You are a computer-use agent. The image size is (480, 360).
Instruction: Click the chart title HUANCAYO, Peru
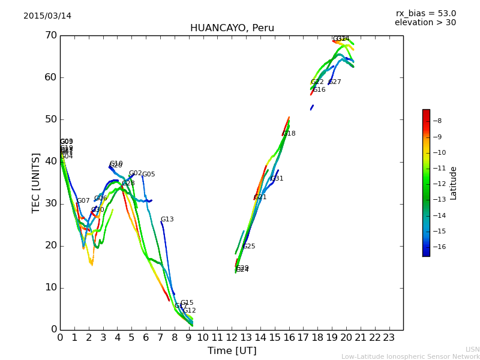(x=232, y=28)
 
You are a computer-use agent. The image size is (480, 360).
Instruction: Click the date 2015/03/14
(x=47, y=16)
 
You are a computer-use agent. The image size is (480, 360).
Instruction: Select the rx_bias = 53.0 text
(x=425, y=13)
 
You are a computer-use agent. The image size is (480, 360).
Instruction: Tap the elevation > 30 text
(x=425, y=23)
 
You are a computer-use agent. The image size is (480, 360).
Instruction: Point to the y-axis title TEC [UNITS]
(x=36, y=182)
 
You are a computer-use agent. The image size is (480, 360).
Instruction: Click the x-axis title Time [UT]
(x=232, y=350)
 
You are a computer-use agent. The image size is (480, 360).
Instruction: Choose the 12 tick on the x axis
(x=232, y=337)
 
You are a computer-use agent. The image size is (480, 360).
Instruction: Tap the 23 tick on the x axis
(x=389, y=337)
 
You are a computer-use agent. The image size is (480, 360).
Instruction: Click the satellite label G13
(x=167, y=220)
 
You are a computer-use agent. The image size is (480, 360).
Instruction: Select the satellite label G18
(x=289, y=134)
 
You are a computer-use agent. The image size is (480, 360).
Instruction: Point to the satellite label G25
(x=249, y=247)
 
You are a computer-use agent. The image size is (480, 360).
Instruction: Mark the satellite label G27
(x=335, y=82)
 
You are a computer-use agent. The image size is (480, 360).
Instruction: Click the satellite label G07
(x=83, y=201)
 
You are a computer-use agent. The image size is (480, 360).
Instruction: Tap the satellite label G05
(x=148, y=175)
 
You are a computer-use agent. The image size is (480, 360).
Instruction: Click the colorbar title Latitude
(x=454, y=182)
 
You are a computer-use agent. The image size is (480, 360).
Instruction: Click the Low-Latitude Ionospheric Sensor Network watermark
(x=410, y=356)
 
